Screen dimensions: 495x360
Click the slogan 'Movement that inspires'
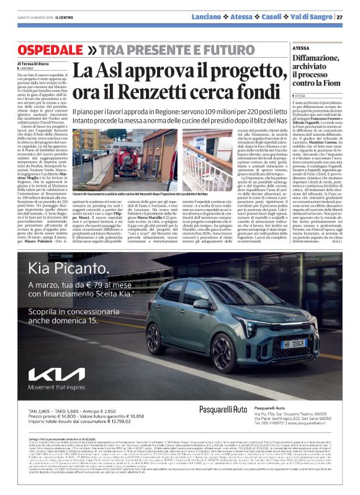tap(56, 388)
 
